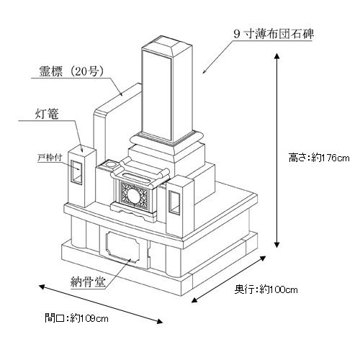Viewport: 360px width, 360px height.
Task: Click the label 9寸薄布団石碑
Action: coord(274,34)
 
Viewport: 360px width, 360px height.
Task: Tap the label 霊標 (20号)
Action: coord(71,71)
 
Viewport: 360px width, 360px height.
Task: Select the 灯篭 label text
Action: coord(47,114)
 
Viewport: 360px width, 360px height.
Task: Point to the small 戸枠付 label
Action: coord(50,158)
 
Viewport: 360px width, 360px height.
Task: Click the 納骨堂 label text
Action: coord(88,282)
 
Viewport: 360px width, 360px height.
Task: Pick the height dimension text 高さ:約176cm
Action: coord(319,158)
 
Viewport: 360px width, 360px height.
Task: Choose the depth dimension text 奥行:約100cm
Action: coord(266,289)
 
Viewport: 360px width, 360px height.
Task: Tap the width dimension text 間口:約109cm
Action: coord(76,318)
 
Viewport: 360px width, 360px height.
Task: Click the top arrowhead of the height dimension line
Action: coord(276,56)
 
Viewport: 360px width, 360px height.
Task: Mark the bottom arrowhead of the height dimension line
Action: coord(276,245)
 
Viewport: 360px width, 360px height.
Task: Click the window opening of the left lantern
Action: coord(76,172)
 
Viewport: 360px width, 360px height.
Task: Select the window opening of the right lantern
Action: coord(174,202)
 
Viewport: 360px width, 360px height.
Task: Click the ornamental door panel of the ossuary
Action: coord(122,247)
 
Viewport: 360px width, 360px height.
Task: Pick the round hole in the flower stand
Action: coord(110,164)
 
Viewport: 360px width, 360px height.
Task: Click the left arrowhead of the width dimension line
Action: coord(42,287)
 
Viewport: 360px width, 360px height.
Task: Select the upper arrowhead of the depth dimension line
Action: coord(263,258)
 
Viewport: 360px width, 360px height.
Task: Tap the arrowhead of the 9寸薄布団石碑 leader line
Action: coord(204,71)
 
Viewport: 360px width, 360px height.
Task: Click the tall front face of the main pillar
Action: coord(156,95)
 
